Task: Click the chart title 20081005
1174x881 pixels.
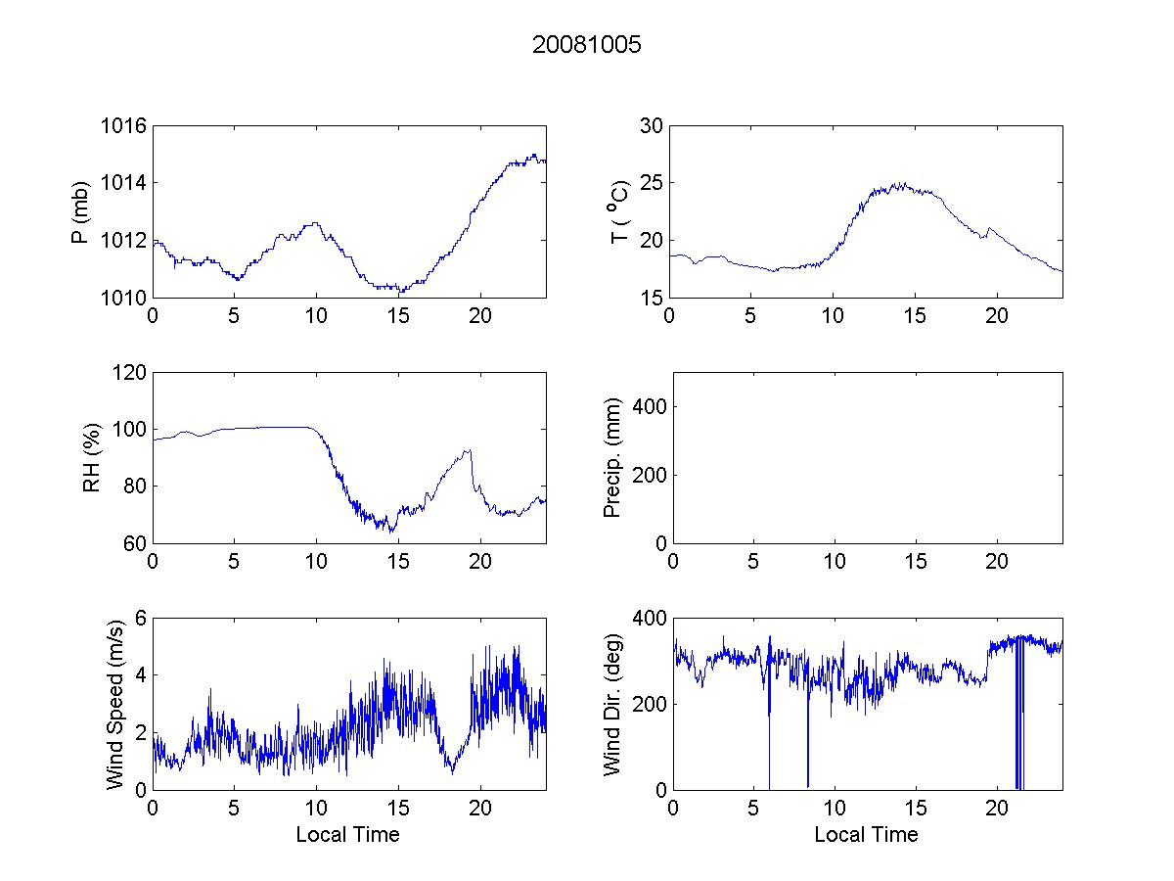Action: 586,45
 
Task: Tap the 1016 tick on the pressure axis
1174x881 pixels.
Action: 124,126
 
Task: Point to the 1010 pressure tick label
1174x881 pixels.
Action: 124,298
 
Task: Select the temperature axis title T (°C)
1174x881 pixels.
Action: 618,211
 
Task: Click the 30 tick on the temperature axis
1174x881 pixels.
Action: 652,126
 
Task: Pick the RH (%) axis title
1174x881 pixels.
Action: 92,458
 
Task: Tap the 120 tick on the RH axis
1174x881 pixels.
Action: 130,373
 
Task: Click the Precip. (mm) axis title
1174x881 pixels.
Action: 613,458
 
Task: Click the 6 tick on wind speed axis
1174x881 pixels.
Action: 141,619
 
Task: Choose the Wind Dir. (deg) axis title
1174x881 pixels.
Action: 613,704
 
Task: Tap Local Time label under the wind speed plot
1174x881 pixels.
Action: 347,835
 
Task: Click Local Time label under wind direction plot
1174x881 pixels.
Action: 866,835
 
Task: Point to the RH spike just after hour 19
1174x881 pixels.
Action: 470,451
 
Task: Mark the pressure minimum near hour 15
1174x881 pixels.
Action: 399,292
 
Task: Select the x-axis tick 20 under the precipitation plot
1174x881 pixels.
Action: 997,562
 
